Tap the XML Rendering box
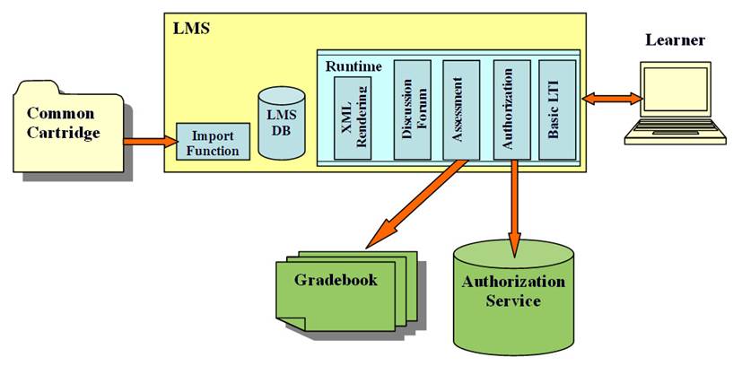tap(352, 118)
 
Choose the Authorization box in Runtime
tap(511, 110)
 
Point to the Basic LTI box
tap(557, 110)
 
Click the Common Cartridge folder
tap(68, 126)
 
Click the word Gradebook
tap(336, 280)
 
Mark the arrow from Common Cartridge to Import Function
tap(149, 140)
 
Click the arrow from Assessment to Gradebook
tap(418, 203)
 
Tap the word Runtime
tap(353, 65)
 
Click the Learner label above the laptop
tap(675, 39)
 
